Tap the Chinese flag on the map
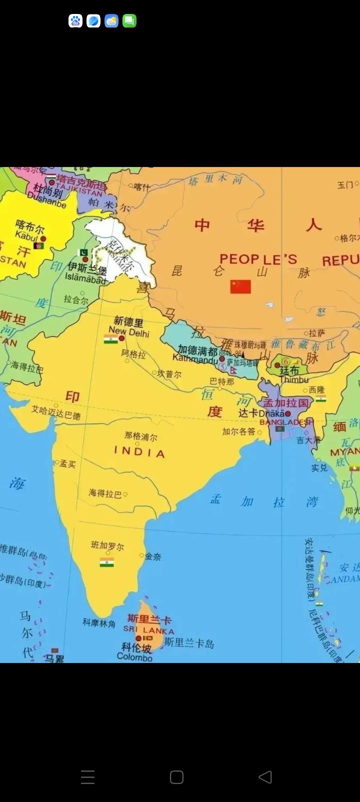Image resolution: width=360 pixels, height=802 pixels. click(240, 286)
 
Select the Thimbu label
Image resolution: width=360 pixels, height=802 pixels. click(294, 379)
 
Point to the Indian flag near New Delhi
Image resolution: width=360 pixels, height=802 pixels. click(110, 339)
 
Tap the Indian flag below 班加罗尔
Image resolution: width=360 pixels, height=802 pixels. click(106, 562)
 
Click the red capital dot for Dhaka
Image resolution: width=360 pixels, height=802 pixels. click(288, 413)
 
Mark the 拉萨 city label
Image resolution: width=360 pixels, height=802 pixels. click(317, 333)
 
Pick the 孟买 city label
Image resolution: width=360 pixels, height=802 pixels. click(67, 464)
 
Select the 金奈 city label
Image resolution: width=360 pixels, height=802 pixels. click(153, 556)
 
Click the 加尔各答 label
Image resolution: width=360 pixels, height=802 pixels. click(238, 431)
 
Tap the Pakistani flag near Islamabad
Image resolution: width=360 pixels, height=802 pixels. click(83, 252)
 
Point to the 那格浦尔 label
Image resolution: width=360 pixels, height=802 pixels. click(141, 436)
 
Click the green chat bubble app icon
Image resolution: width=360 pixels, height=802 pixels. click(129, 21)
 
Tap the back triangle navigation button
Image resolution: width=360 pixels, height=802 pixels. click(265, 776)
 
